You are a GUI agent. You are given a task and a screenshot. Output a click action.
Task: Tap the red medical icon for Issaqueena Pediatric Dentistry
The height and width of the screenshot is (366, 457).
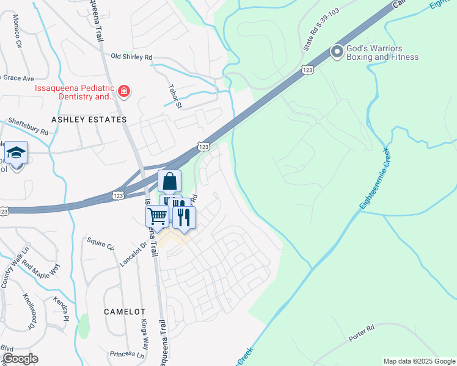click(x=125, y=92)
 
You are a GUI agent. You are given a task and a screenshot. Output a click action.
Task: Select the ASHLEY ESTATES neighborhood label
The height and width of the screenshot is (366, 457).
click(x=89, y=120)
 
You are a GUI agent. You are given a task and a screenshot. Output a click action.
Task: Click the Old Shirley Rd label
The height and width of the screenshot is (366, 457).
click(x=131, y=57)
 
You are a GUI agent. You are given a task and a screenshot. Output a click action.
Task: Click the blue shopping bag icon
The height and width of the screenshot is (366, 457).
click(x=169, y=181)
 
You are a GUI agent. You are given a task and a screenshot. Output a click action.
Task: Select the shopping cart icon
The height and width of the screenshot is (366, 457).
click(x=157, y=216)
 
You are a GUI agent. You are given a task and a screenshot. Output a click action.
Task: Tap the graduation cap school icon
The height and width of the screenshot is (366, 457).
click(x=16, y=152)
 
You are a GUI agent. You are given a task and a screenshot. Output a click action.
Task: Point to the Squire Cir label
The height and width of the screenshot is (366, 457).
click(x=101, y=244)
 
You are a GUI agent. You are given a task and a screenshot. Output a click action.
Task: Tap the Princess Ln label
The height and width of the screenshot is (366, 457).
click(x=127, y=354)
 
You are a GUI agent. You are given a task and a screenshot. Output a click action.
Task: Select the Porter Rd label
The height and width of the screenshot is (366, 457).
click(x=362, y=333)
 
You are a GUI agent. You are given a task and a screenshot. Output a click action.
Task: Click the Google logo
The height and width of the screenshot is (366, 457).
click(x=20, y=359)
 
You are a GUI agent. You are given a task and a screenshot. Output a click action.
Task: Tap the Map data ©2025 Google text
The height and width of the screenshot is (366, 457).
click(x=419, y=361)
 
